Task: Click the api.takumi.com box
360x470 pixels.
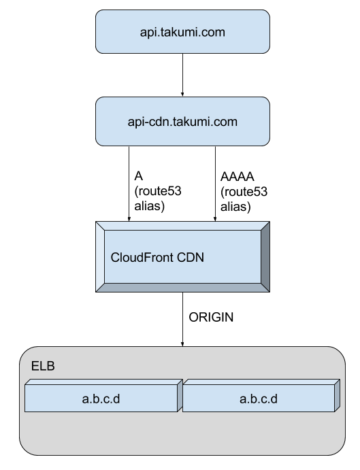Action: [182, 32]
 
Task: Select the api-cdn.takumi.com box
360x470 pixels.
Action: [182, 121]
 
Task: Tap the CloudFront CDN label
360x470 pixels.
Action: [157, 258]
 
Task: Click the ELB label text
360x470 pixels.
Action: [43, 366]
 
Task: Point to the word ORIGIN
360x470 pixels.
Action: [211, 317]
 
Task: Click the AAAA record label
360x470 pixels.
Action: [237, 177]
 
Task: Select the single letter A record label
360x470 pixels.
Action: [138, 176]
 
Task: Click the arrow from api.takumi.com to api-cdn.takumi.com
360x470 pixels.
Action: [182, 75]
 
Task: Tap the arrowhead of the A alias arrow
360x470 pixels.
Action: [129, 219]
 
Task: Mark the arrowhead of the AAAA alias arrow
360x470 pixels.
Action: [215, 219]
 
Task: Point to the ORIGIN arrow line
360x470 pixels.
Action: [182, 319]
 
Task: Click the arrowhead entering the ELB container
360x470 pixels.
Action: [182, 344]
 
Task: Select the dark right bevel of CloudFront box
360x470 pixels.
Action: [265, 256]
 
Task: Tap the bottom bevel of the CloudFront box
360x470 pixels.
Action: [182, 288]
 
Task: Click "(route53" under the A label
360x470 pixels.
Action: [158, 191]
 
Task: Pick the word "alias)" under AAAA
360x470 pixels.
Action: [235, 207]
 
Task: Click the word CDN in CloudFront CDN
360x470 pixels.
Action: [191, 258]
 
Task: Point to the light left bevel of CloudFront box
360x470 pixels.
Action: [100, 256]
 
